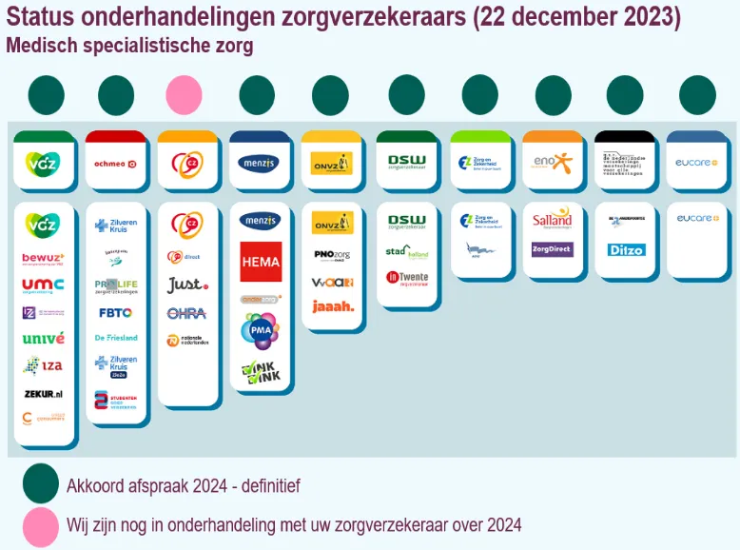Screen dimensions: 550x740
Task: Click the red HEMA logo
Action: [261, 262]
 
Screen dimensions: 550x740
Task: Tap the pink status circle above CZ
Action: [184, 95]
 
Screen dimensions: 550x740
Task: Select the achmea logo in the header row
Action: [115, 164]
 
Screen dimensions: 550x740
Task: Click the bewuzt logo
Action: [44, 258]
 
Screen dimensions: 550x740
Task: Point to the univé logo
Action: [44, 338]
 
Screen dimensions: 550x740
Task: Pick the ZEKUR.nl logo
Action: [44, 392]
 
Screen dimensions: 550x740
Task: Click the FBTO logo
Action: [115, 312]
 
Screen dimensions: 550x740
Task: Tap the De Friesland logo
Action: [115, 338]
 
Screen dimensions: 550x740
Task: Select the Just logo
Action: [186, 285]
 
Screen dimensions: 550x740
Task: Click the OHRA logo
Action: [186, 313]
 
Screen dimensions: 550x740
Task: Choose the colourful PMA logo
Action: [260, 330]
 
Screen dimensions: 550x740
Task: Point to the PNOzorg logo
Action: [332, 255]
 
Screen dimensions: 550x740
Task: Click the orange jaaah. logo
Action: [332, 306]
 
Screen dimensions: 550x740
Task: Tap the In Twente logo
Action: [406, 278]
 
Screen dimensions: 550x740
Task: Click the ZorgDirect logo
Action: [552, 249]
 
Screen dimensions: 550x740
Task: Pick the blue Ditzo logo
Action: [625, 250]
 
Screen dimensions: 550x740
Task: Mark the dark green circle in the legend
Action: [41, 484]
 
